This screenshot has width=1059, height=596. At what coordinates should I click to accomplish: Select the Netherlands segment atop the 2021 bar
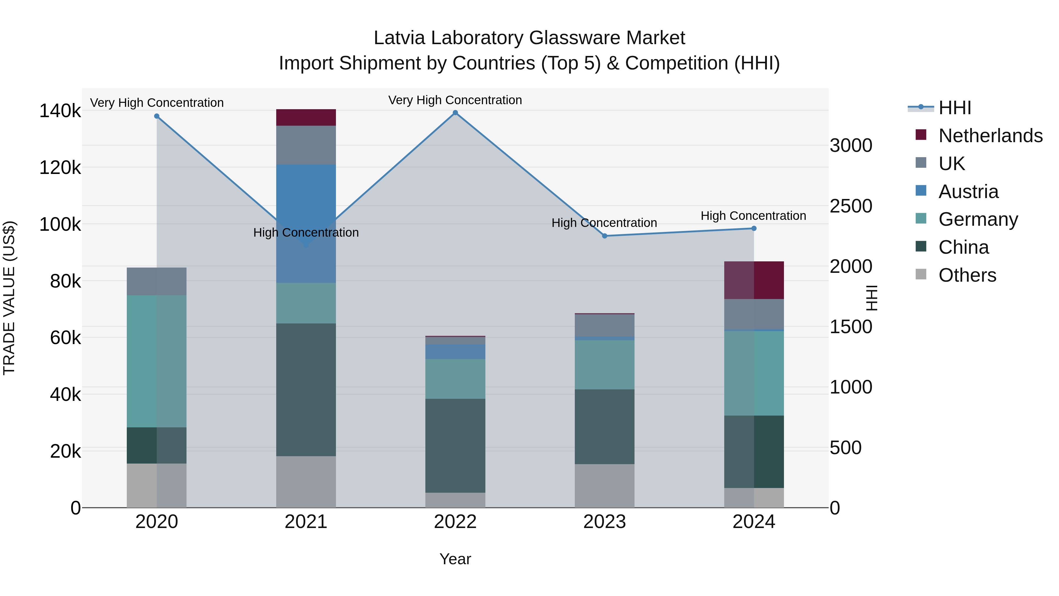coord(306,117)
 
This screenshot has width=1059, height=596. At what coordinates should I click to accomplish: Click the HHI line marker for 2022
coord(455,113)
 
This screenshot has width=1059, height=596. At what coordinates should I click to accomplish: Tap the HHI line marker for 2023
coord(604,236)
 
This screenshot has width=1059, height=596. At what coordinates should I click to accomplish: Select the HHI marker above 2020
coord(156,116)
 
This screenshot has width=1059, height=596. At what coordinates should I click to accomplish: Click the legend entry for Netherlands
coord(990,136)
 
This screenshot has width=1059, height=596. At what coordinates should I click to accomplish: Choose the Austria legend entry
coord(968,192)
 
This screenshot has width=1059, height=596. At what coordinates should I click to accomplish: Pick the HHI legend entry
coord(955,108)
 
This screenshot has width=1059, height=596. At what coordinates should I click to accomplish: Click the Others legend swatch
coord(921,274)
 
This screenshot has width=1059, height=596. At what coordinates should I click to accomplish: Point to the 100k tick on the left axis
coord(60,225)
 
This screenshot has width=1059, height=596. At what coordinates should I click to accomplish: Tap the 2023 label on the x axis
coord(604,522)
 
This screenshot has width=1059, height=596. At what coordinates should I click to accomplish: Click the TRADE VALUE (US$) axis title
coord(9,298)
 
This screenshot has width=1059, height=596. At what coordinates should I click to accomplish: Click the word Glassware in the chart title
coord(574,38)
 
